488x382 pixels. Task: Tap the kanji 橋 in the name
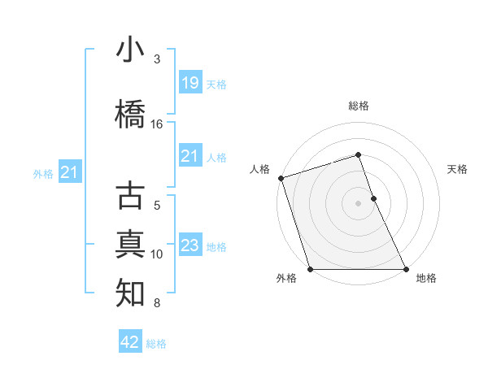[130, 115]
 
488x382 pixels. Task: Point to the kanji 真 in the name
[130, 244]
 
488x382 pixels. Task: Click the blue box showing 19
[190, 83]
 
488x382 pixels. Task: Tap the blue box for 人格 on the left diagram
[190, 156]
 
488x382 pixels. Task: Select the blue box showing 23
[190, 245]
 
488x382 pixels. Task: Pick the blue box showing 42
[129, 342]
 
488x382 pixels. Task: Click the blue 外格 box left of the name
[69, 172]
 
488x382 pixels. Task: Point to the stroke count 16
[157, 124]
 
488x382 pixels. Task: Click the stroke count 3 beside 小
[157, 59]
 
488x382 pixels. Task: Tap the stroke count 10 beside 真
[157, 254]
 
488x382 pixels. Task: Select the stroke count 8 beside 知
[157, 303]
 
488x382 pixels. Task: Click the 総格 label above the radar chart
[358, 106]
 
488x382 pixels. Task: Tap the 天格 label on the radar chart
[458, 169]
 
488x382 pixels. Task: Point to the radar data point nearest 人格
[281, 178]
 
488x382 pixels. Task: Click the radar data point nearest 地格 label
[406, 269]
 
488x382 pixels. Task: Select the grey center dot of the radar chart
[358, 203]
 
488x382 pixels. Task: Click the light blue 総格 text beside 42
[156, 344]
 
